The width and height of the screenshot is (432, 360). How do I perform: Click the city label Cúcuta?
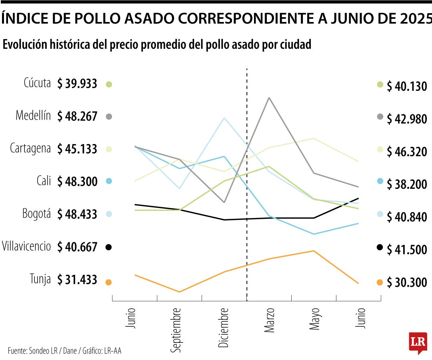[37, 83]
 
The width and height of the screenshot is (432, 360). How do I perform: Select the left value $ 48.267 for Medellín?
[77, 116]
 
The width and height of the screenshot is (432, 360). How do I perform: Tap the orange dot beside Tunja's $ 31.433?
[108, 282]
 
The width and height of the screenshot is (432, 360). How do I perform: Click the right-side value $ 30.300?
[407, 283]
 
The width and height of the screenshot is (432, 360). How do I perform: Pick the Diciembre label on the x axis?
[224, 328]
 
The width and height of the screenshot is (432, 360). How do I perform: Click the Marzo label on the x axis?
[269, 320]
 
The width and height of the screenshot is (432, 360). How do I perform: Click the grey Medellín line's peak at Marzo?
[269, 98]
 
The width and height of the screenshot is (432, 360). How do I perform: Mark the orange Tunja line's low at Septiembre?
[179, 292]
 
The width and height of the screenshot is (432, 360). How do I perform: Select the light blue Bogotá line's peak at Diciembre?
[224, 118]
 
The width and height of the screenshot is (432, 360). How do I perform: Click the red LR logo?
[418, 342]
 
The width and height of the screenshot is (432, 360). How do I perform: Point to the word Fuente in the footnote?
[17, 351]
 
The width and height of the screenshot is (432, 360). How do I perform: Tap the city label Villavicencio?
[26, 246]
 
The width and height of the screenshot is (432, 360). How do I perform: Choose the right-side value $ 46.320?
[407, 152]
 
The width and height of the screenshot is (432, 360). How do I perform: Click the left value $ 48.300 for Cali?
[77, 182]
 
